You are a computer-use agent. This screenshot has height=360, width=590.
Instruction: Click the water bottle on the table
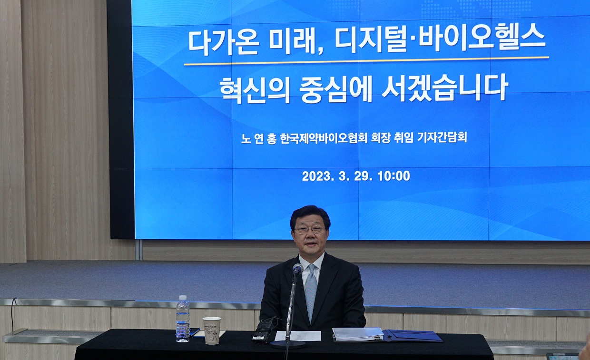183,319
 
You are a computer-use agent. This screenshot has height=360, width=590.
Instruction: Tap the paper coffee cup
212,331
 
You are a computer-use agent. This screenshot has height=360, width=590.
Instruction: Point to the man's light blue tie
311,292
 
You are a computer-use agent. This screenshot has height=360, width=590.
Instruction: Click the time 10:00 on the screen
394,176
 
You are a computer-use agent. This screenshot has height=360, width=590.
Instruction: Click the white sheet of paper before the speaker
298,336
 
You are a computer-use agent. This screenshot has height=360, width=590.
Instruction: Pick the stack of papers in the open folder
358,334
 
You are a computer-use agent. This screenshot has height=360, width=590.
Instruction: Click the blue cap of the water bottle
183,297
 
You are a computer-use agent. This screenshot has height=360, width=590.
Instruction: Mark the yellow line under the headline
366,61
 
